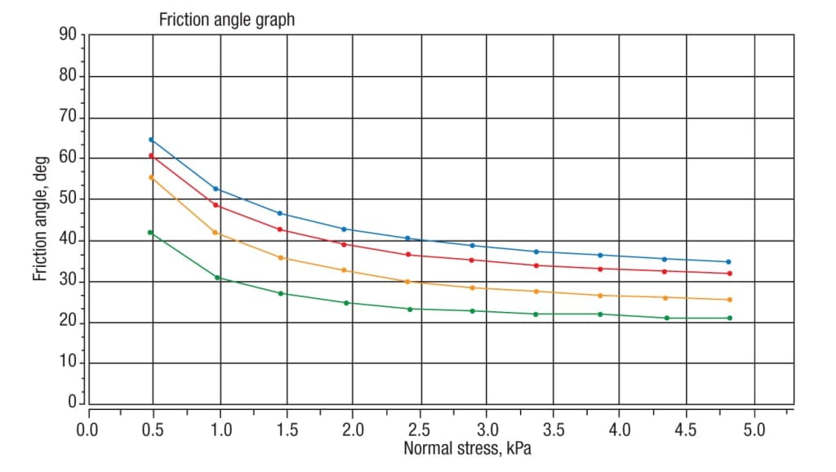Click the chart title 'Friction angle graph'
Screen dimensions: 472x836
[x=227, y=20]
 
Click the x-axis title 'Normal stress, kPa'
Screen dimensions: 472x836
[x=461, y=448]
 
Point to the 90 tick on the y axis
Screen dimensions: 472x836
[x=68, y=34]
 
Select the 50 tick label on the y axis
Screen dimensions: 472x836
[x=68, y=199]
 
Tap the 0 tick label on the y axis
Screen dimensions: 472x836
[x=72, y=403]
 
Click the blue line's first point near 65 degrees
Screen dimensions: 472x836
[x=151, y=140]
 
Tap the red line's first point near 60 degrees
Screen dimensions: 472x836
[x=151, y=156]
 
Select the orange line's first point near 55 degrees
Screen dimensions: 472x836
[x=151, y=177]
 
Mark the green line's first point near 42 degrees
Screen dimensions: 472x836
[x=150, y=233]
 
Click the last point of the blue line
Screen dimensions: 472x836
[x=728, y=262]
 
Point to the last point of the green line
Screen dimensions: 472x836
[x=729, y=318]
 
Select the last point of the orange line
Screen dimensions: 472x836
[x=729, y=300]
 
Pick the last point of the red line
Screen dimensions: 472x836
[x=729, y=274]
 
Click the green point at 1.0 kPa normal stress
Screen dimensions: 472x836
[x=217, y=278]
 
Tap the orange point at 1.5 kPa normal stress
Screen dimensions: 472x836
[x=281, y=258]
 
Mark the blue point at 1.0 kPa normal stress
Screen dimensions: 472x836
[x=216, y=189]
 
